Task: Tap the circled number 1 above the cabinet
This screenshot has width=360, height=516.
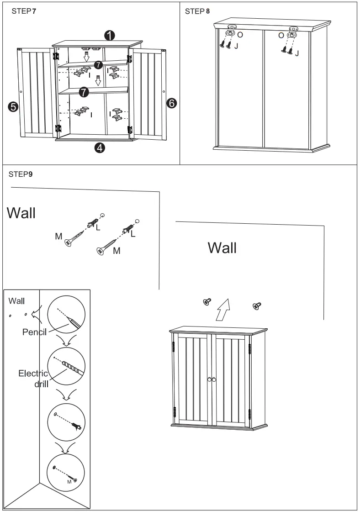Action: click(110, 35)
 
